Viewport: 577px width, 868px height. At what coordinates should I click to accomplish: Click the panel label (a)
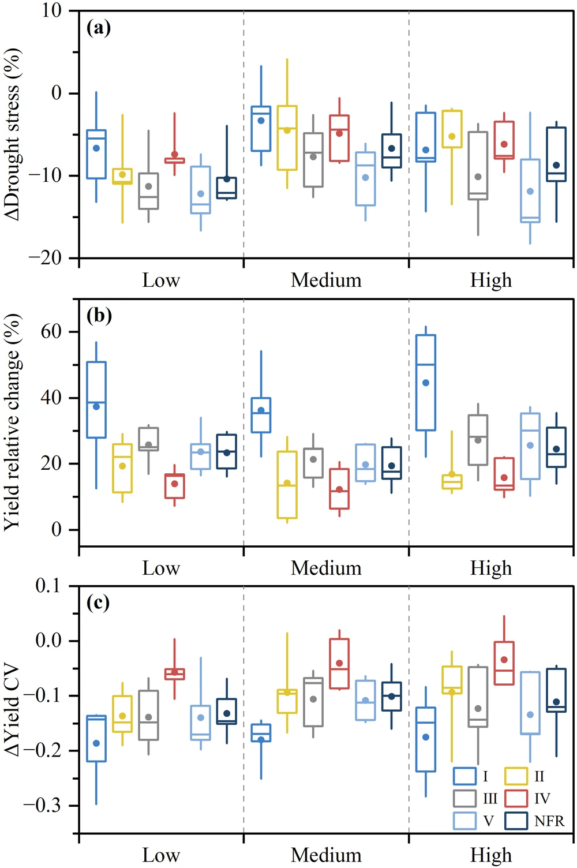98,28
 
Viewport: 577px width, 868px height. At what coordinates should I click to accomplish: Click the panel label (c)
98,603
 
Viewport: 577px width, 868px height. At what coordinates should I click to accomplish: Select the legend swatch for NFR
516,821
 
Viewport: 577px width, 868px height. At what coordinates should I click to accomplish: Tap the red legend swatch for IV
516,798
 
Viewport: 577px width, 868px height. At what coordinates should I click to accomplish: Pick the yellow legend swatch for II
516,776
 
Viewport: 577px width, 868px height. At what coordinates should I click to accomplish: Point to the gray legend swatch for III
464,798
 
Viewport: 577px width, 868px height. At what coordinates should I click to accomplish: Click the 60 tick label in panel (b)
51,332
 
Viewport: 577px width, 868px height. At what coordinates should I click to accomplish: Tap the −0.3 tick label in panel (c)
42,805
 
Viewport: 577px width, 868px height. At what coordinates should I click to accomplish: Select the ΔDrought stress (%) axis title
13,134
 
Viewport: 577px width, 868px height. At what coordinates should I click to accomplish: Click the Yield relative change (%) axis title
13,421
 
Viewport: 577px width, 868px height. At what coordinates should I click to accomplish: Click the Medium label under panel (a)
326,280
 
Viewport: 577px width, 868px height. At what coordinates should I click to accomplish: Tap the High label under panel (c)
491,855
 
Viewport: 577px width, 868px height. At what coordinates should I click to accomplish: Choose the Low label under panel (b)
161,568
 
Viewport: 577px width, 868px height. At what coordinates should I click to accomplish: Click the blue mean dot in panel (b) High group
426,383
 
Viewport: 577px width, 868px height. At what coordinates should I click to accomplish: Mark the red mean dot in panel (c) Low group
174,672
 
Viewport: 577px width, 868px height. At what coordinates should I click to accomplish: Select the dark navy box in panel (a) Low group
227,188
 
